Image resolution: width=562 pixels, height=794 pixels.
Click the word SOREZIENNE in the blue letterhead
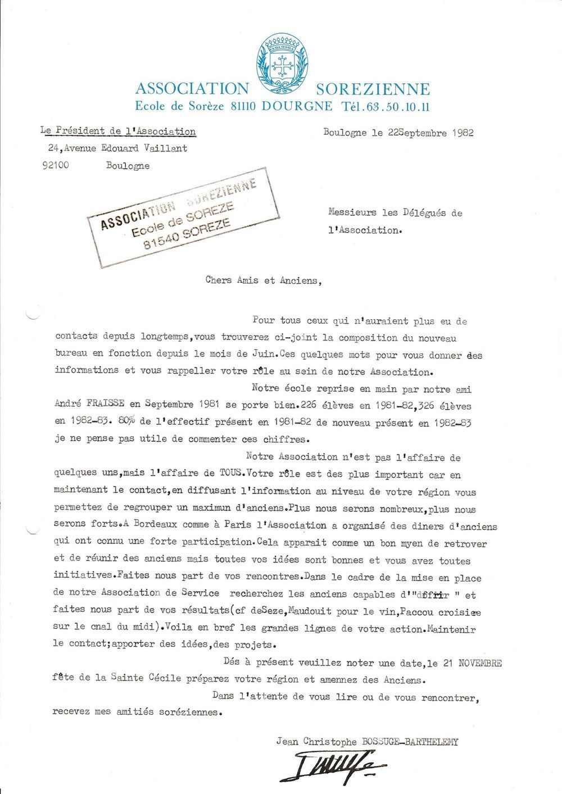point(373,89)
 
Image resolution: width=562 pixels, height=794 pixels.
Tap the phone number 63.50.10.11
point(398,106)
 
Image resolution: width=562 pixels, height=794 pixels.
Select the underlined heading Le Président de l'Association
point(118,131)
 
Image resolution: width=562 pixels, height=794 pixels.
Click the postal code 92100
point(56,166)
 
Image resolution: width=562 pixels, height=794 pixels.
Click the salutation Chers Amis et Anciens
point(264,280)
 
